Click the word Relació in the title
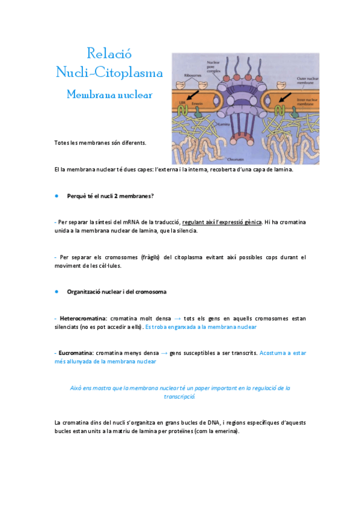click(109, 53)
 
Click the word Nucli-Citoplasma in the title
click(109, 73)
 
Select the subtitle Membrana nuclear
click(109, 94)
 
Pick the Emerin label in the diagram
click(198, 103)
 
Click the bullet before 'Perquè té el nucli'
click(56, 196)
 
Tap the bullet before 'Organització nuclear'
click(56, 292)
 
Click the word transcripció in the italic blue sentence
click(180, 397)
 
